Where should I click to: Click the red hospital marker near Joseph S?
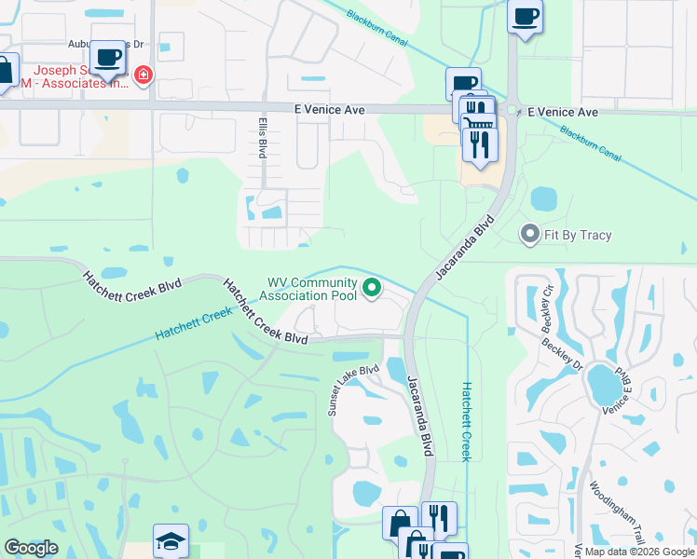coord(143,75)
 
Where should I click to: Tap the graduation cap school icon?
coord(171,541)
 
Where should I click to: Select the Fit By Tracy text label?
coord(579,235)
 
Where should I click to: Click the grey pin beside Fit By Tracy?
coord(530,234)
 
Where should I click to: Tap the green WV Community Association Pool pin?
coord(372,289)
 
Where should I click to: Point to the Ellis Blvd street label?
coord(263,138)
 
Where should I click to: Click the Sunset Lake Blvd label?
coord(353,389)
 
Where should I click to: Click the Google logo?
coord(31,547)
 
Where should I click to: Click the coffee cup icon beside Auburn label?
coord(108,57)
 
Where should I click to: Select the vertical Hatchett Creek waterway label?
coord(467,420)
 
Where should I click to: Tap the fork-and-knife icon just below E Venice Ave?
coord(481,143)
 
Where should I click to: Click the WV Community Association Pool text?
coord(311,290)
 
